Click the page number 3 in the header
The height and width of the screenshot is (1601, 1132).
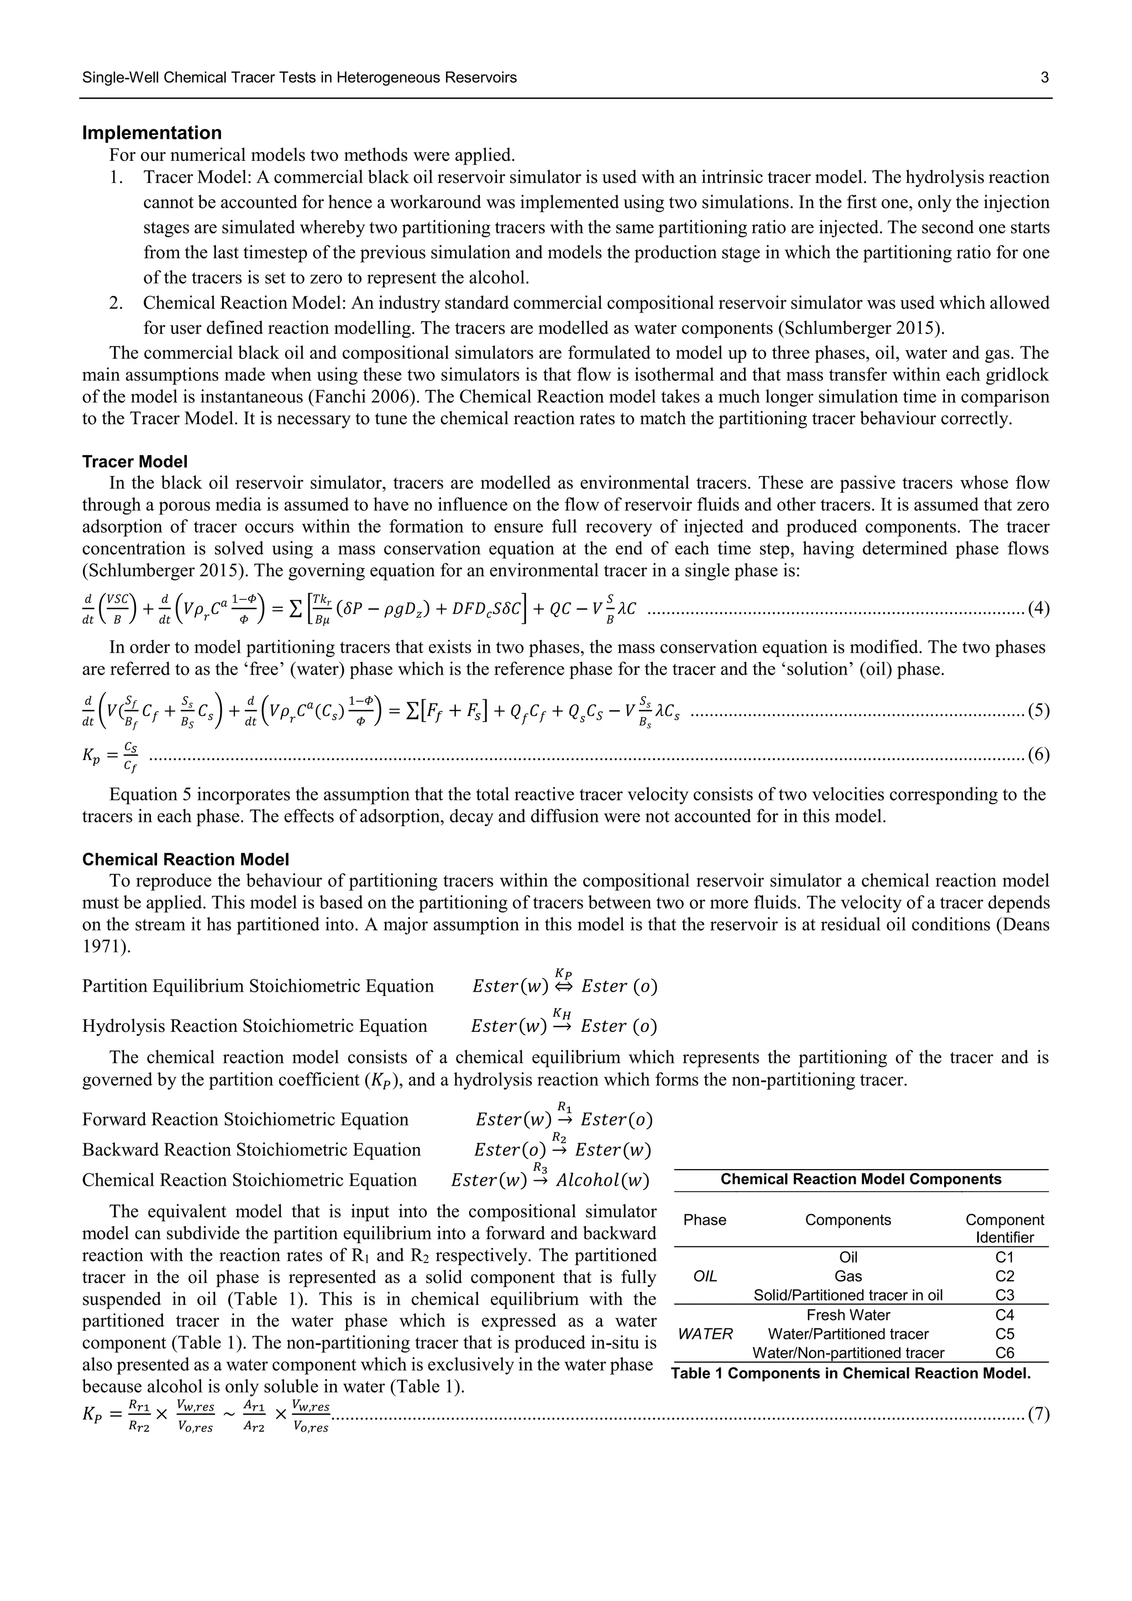tap(1044, 77)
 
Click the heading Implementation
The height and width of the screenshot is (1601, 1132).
tap(152, 133)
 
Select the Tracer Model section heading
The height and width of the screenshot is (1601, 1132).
tap(134, 462)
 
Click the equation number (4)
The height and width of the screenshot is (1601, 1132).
tap(1039, 608)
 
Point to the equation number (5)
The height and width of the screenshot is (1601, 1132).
tap(1039, 711)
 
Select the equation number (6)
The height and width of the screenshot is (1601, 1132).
tap(1039, 754)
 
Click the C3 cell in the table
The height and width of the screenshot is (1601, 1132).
tap(1004, 1295)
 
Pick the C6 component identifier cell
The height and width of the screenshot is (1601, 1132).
tap(1004, 1353)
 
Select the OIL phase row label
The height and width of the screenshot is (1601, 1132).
tap(705, 1276)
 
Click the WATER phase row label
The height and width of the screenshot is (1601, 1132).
tap(705, 1334)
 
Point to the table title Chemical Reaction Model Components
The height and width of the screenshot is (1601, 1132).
tap(861, 1179)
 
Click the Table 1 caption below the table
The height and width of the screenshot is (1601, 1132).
tap(851, 1373)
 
